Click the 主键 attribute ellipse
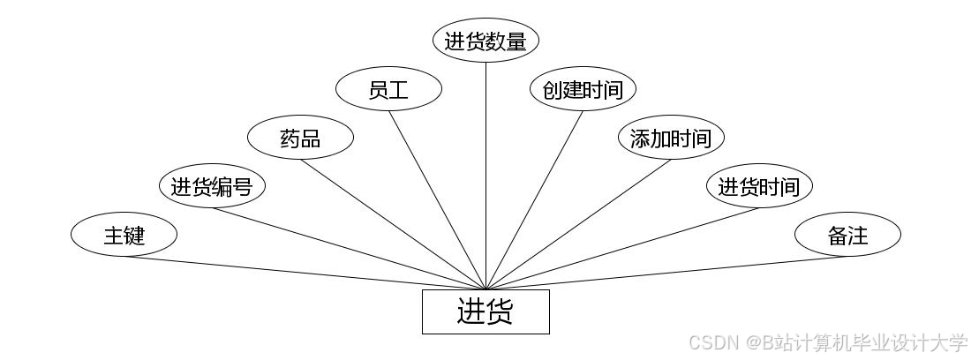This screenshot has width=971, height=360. coord(124,236)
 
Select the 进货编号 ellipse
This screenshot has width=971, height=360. coord(212,187)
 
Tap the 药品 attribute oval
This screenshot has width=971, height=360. coord(300,139)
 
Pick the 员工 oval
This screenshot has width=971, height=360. coord(388,89)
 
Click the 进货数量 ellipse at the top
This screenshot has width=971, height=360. coord(485,41)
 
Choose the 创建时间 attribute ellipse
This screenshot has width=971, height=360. coord(583,89)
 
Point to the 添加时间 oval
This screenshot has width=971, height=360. coord(671,139)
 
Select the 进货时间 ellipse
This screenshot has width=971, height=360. coord(759,187)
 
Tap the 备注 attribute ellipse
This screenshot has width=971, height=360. coord(847,236)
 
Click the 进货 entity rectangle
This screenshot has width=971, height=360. coord(485,311)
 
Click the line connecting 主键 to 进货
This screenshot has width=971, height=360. coord(305,273)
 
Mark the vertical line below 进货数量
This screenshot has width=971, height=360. coord(485,176)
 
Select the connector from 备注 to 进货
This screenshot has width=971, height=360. coord(666,273)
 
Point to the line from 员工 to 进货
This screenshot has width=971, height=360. coord(437,199)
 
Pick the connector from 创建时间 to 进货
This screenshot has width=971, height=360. coord(534,199)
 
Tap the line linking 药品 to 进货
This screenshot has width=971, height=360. coord(393,224)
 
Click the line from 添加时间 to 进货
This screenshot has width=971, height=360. coord(578,224)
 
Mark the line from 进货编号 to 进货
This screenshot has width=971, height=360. coord(349,249)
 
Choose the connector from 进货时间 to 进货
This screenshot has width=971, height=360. coord(622,249)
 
